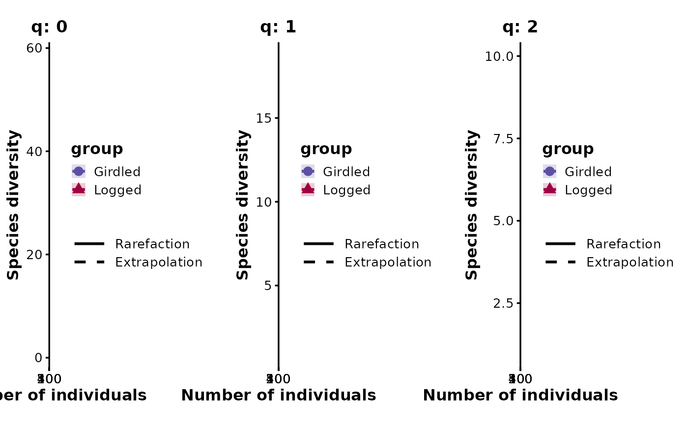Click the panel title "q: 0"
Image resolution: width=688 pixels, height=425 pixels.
click(x=49, y=27)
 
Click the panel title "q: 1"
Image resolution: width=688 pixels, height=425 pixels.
click(x=278, y=27)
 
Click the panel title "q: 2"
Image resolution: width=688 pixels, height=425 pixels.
click(x=520, y=27)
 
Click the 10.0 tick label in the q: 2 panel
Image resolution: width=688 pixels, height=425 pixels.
click(x=499, y=56)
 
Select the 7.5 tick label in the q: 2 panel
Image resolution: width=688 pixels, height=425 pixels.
click(x=504, y=138)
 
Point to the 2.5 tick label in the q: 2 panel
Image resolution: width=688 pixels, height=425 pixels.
click(x=504, y=303)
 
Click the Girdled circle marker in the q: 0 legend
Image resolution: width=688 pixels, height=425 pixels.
click(x=79, y=171)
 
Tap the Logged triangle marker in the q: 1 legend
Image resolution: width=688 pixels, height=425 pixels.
click(x=308, y=189)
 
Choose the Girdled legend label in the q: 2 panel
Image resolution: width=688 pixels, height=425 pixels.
click(x=588, y=172)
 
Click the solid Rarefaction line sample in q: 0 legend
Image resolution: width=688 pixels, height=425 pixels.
click(x=89, y=243)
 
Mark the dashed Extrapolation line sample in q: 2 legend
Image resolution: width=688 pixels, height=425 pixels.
click(x=560, y=262)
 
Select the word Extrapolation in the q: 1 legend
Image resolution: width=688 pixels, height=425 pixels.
click(x=388, y=262)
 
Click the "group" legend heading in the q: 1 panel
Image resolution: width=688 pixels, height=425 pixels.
click(x=326, y=149)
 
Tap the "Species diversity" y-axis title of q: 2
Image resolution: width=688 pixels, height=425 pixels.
click(x=472, y=205)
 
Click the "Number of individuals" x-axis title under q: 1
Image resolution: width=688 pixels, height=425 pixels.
click(x=278, y=395)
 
